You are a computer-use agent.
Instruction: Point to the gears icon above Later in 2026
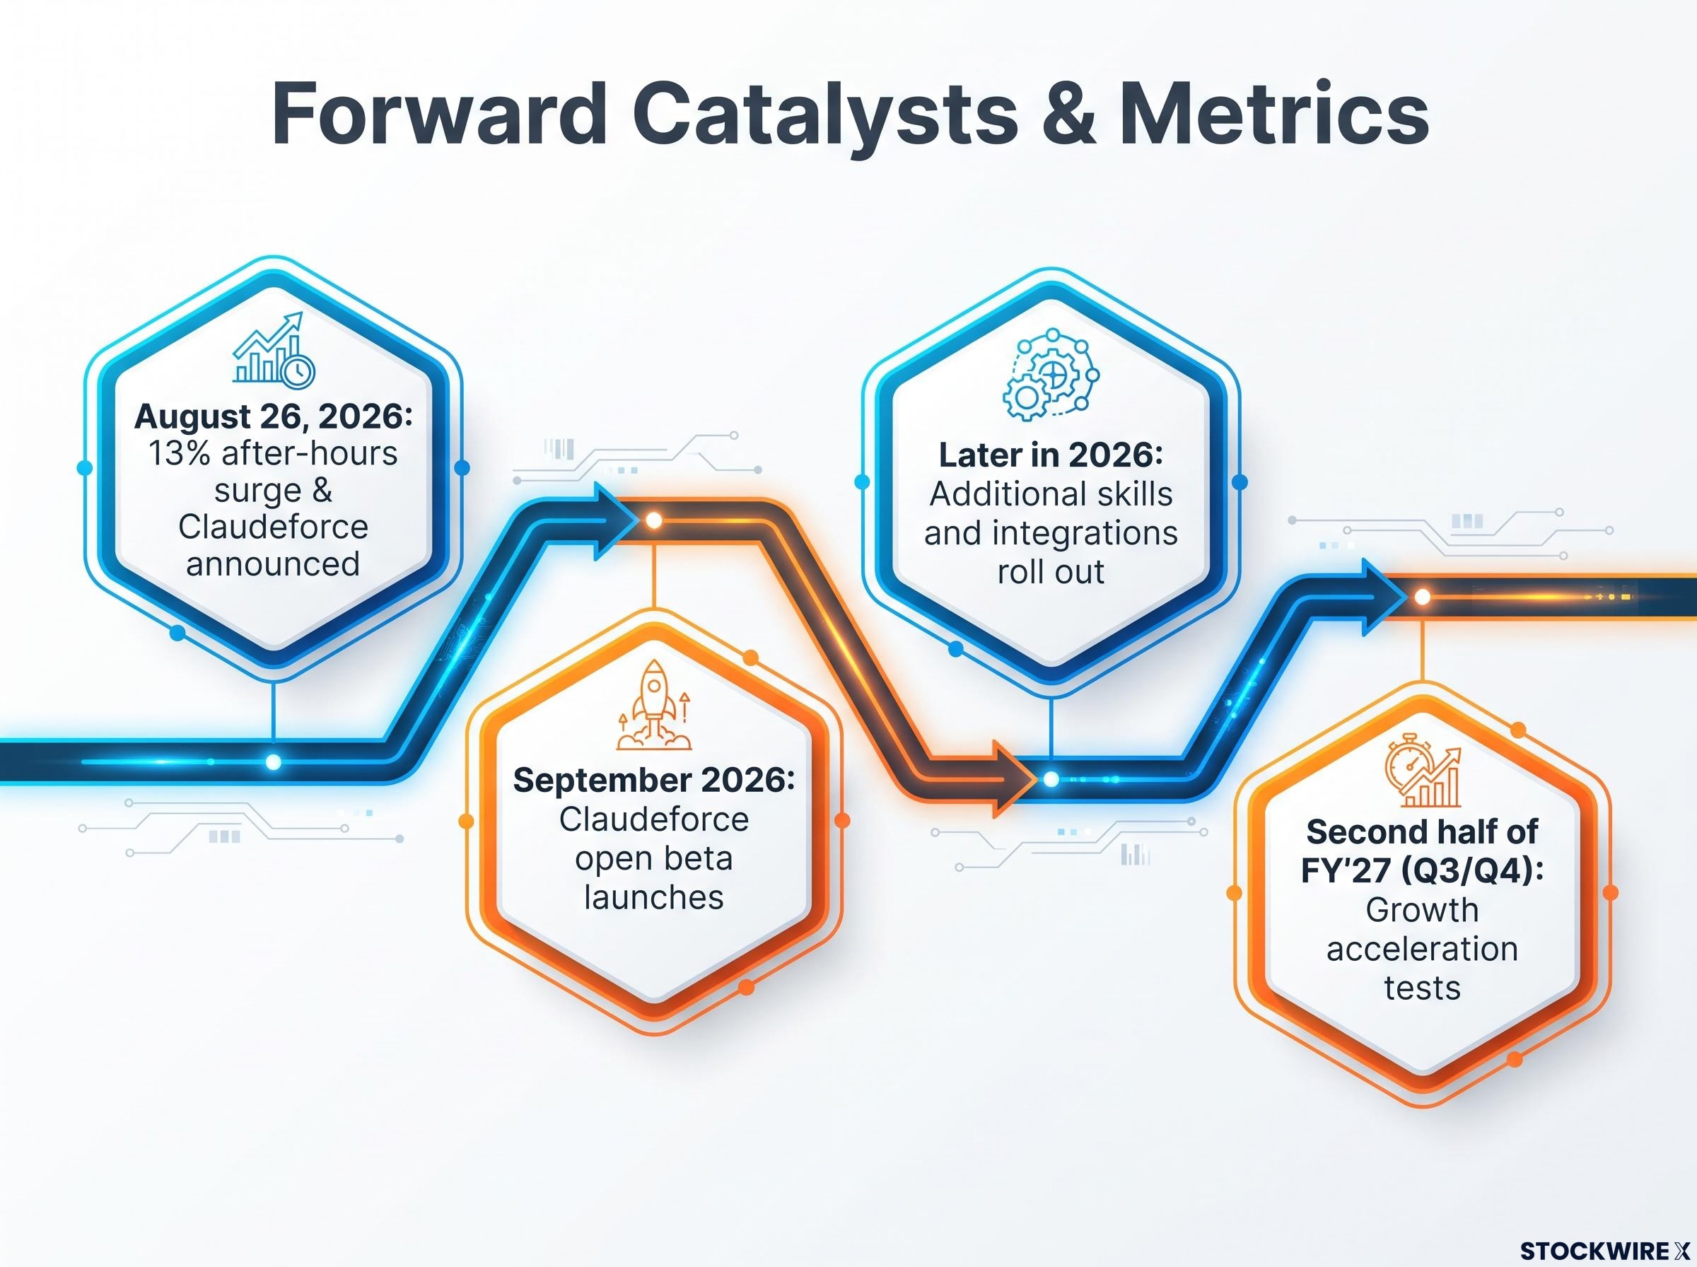click(1051, 374)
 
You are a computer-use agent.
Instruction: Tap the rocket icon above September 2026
click(653, 705)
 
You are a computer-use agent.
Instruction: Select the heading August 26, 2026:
click(274, 416)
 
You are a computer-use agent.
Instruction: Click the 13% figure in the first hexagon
click(179, 453)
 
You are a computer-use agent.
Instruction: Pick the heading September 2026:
click(654, 780)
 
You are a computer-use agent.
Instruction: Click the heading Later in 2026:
click(1051, 455)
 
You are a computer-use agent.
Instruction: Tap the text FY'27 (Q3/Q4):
click(1423, 870)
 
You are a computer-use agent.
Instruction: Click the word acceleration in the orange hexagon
click(1423, 950)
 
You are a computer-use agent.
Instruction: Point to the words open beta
click(654, 858)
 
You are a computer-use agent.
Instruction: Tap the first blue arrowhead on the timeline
click(618, 522)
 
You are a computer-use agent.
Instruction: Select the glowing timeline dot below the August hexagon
click(273, 761)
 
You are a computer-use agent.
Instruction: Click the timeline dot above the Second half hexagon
click(1423, 597)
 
